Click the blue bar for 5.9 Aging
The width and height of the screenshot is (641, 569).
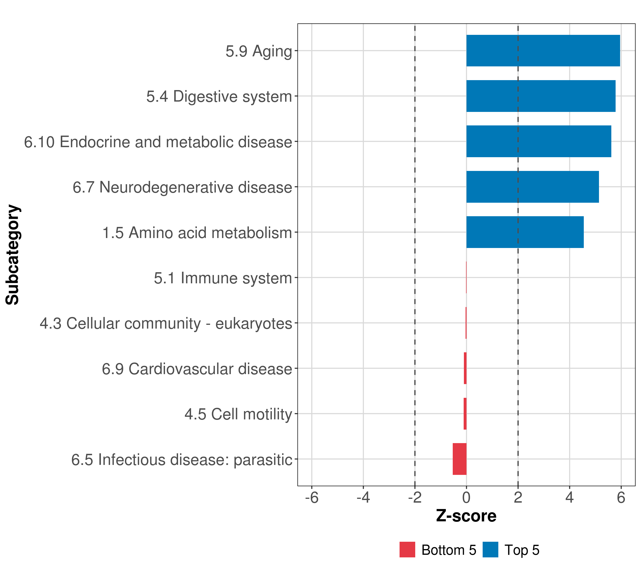coord(543,51)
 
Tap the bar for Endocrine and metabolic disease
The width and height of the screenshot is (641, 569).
coord(539,141)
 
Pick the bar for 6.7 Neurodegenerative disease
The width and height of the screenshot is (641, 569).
coord(533,187)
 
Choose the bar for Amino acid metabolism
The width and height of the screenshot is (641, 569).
coord(525,232)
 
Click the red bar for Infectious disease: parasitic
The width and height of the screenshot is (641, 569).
coord(459,459)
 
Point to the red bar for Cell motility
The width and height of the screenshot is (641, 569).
coord(465,414)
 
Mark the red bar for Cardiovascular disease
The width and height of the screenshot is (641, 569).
coord(465,368)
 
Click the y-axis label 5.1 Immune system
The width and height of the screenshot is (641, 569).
coord(223,278)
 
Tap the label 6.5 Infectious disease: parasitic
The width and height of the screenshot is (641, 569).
coord(182,460)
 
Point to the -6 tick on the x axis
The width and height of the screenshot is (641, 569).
coord(312,498)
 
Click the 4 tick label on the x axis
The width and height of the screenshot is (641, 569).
coord(570,498)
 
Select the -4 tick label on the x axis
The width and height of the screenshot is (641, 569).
coord(363,498)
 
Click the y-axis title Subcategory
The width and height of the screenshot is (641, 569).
coord(13,255)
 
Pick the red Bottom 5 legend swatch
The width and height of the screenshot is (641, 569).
coord(407,550)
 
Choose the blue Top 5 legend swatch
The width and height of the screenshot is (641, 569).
coord(490,550)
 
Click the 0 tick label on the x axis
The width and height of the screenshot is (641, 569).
coord(466,498)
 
